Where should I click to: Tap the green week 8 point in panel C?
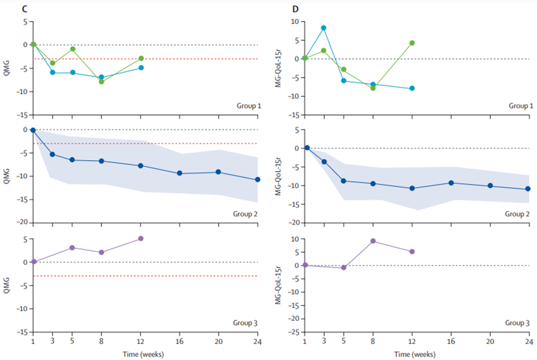coord(101,81)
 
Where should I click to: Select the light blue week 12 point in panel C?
coord(142,68)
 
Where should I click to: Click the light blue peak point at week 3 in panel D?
coord(324,28)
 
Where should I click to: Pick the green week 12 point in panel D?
coord(412,43)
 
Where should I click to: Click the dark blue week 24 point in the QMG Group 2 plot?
coord(258,179)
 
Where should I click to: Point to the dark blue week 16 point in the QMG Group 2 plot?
coord(180,173)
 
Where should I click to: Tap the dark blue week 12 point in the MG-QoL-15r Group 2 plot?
coord(412,188)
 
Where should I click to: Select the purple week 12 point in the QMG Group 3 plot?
coord(141,238)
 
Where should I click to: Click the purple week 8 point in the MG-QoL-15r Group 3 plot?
coord(373,241)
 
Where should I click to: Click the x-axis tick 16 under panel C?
coord(180,341)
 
